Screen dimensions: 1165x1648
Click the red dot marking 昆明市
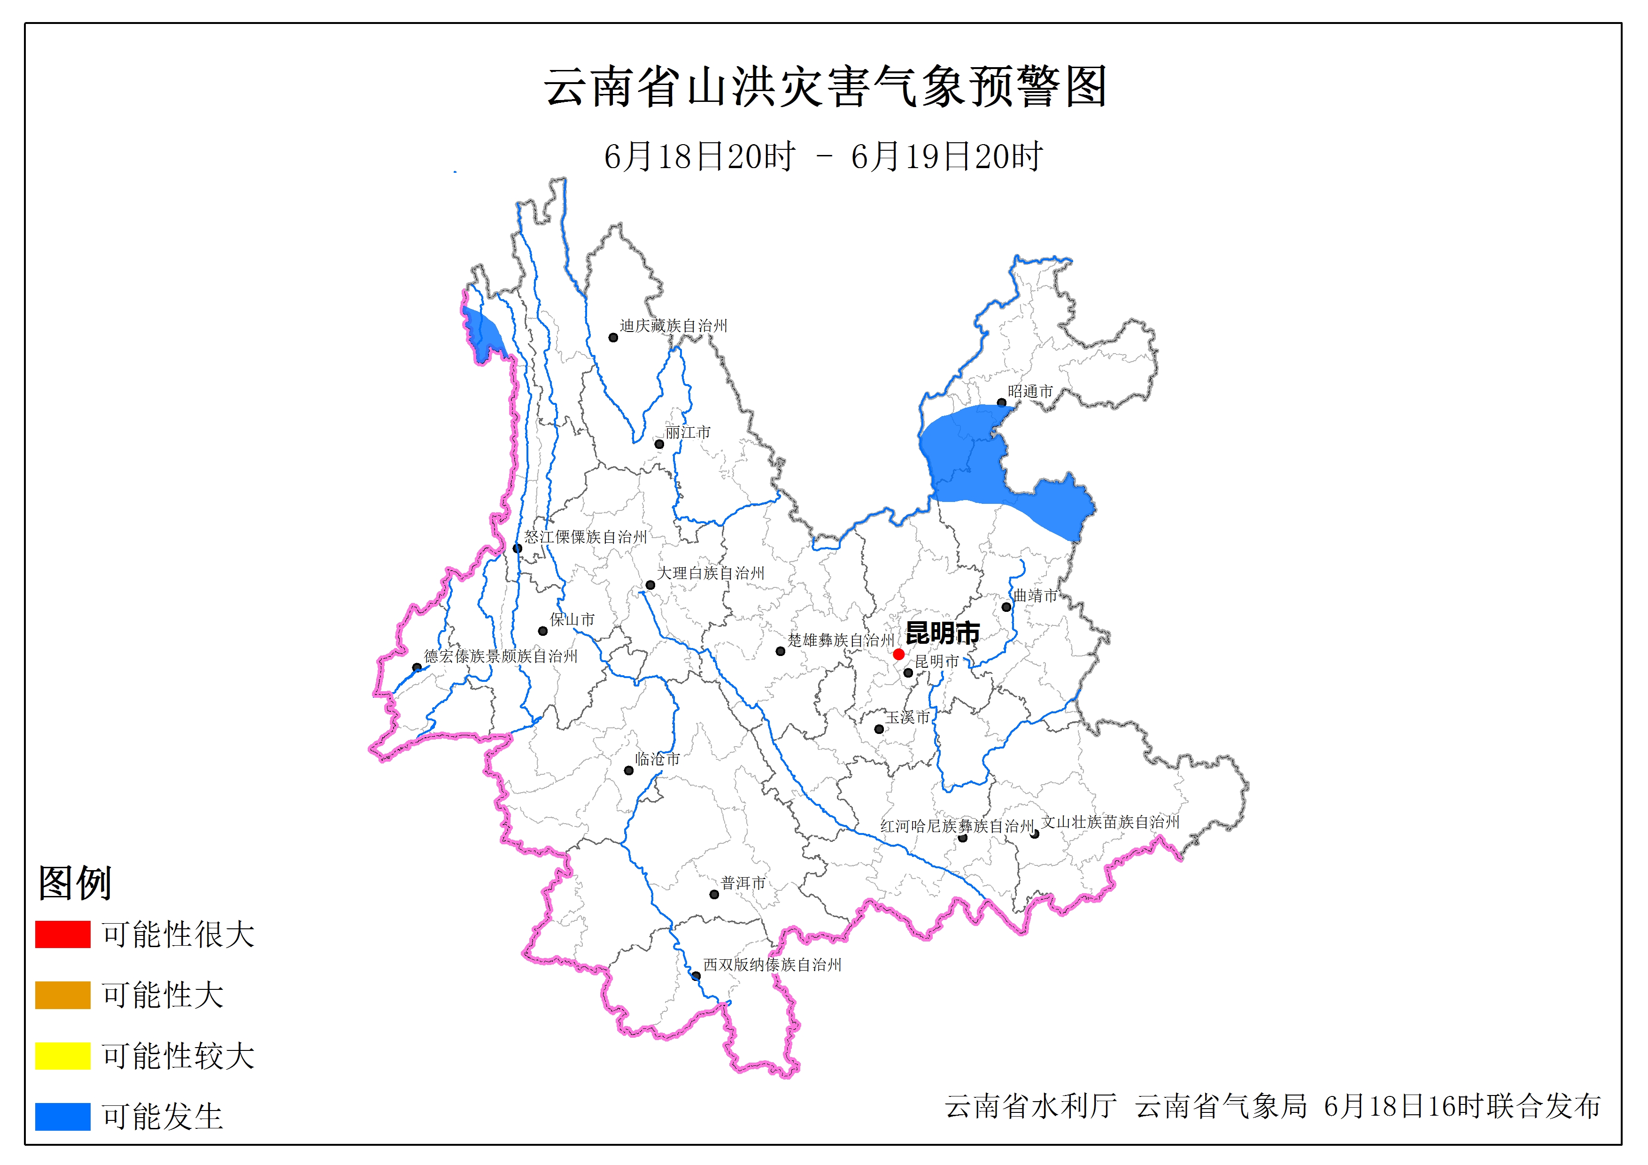click(898, 654)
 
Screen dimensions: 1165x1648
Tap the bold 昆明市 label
click(943, 633)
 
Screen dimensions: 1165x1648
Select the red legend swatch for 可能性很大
click(62, 934)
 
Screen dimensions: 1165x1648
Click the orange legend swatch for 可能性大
click(62, 995)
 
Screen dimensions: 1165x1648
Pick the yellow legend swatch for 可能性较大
click(62, 1055)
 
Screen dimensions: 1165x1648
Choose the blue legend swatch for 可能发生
click(62, 1116)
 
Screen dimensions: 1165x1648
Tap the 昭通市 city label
click(1030, 391)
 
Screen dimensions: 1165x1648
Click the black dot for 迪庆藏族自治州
click(613, 337)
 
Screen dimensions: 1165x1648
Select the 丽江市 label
click(688, 432)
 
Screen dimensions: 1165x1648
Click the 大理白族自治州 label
click(711, 573)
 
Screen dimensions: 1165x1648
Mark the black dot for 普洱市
click(714, 895)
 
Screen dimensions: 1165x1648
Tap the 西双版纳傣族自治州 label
click(772, 965)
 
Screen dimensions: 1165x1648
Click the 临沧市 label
click(658, 759)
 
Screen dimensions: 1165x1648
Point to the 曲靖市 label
click(1035, 595)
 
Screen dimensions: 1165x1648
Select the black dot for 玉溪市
click(879, 729)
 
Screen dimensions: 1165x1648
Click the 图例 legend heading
click(75, 883)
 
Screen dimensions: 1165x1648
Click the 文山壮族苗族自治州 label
click(1110, 822)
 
